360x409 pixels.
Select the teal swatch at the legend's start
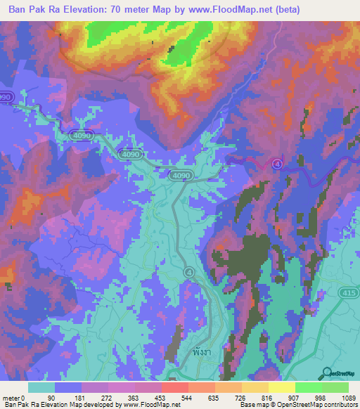pyautogui.click(x=41, y=387)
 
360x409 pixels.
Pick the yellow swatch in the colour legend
pyautogui.click(x=281, y=387)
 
